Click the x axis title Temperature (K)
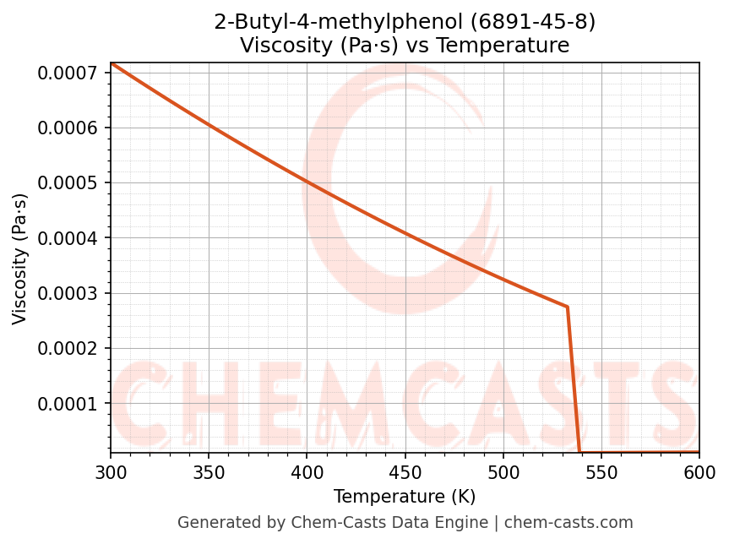tap(405, 497)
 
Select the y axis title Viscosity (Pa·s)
tap(20, 258)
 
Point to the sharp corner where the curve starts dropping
tap(567, 307)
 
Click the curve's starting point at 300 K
tap(111, 63)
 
